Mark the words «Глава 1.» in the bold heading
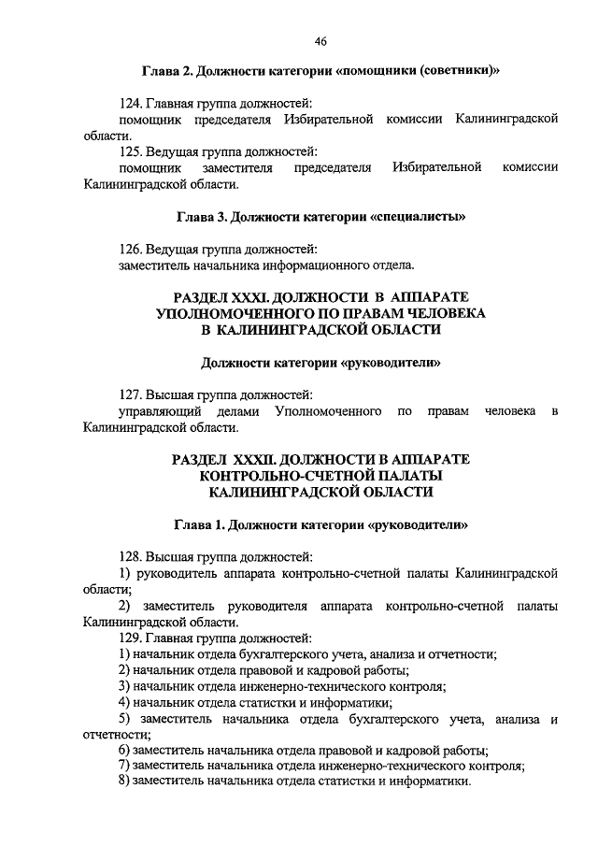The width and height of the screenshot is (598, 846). pyautogui.click(x=200, y=524)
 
